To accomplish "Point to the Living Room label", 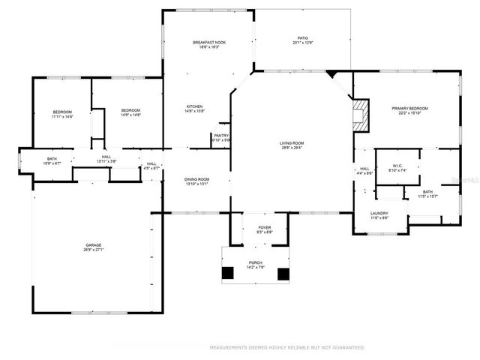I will [x=292, y=145].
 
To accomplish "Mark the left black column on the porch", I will [x=227, y=274].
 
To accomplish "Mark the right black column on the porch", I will [x=283, y=274].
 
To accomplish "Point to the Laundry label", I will [x=379, y=215].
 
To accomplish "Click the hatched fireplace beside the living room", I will [x=361, y=116].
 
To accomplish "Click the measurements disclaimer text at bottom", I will [x=287, y=347].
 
